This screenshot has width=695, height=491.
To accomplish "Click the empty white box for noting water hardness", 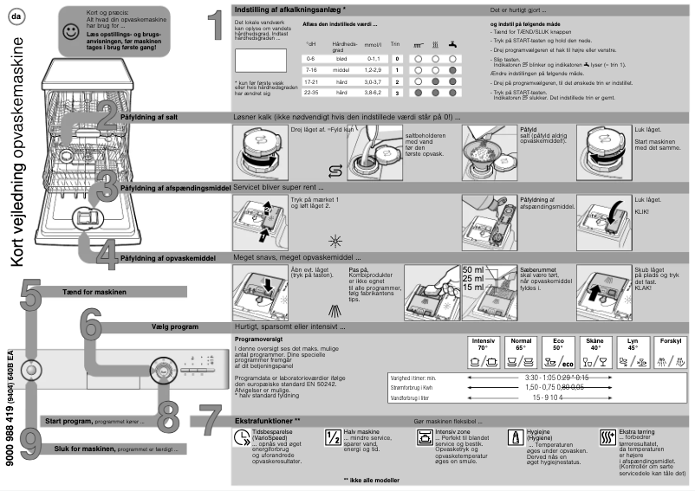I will click(260, 60).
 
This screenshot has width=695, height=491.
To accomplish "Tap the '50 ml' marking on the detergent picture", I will click(474, 270).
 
